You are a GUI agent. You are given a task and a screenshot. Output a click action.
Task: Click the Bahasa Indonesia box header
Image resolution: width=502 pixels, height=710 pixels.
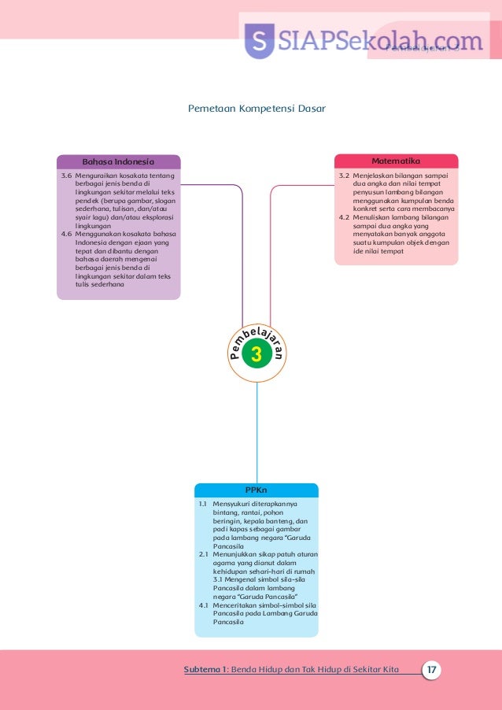click(118, 162)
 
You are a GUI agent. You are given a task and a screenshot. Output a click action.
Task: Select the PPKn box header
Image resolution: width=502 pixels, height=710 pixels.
click(256, 490)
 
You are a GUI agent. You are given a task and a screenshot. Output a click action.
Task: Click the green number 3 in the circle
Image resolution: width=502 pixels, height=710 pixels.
click(256, 356)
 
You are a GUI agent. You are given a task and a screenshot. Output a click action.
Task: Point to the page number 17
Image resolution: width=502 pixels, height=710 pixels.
click(430, 670)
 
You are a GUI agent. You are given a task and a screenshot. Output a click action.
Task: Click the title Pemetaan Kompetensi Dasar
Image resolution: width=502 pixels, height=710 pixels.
click(256, 108)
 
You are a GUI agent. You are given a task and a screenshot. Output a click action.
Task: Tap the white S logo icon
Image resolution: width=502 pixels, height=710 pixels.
click(259, 41)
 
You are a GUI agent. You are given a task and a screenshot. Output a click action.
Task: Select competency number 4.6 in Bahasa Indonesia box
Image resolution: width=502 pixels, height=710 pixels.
click(67, 234)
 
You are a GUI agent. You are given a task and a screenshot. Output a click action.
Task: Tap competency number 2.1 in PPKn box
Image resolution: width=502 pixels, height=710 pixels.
click(202, 554)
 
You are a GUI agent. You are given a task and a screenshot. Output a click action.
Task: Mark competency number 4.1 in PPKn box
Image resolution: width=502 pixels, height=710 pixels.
click(202, 605)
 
